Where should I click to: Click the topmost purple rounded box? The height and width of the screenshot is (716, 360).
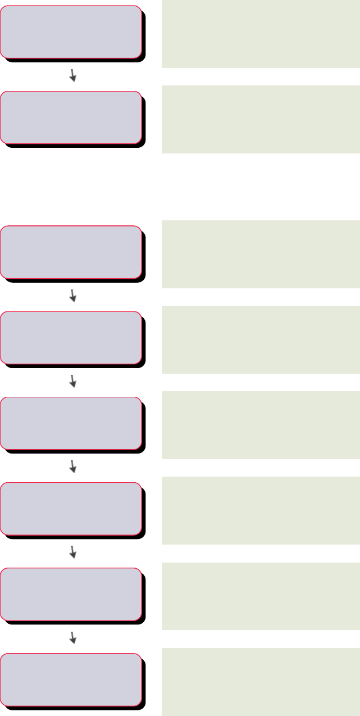click(71, 32)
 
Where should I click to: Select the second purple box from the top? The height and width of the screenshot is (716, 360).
click(71, 117)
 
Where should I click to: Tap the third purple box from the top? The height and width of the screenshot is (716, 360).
click(71, 252)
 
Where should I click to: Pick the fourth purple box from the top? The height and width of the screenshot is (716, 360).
click(71, 338)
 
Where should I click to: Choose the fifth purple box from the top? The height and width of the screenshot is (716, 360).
click(71, 423)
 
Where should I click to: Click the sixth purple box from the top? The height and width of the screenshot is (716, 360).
click(71, 509)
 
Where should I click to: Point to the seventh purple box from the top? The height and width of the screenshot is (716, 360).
click(71, 594)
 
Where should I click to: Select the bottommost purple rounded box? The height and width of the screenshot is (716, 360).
click(71, 679)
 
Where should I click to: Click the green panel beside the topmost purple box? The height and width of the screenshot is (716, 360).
click(261, 34)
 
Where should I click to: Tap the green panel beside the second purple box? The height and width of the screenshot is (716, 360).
click(261, 119)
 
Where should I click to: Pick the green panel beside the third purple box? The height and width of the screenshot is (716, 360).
click(261, 254)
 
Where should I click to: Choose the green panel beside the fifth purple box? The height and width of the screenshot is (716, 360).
click(261, 425)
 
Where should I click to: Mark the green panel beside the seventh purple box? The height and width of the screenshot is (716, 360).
click(261, 596)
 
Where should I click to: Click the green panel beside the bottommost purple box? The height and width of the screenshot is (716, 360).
click(261, 681)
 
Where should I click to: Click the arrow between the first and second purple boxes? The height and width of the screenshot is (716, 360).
click(72, 75)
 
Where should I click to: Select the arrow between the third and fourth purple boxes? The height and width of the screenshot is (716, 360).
click(72, 296)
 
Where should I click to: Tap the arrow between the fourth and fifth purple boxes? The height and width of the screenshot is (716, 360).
click(72, 381)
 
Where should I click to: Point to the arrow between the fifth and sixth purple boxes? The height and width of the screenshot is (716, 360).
click(72, 466)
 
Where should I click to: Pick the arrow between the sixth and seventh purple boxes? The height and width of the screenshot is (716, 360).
click(72, 552)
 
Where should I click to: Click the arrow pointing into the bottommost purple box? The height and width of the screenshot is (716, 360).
click(72, 637)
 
